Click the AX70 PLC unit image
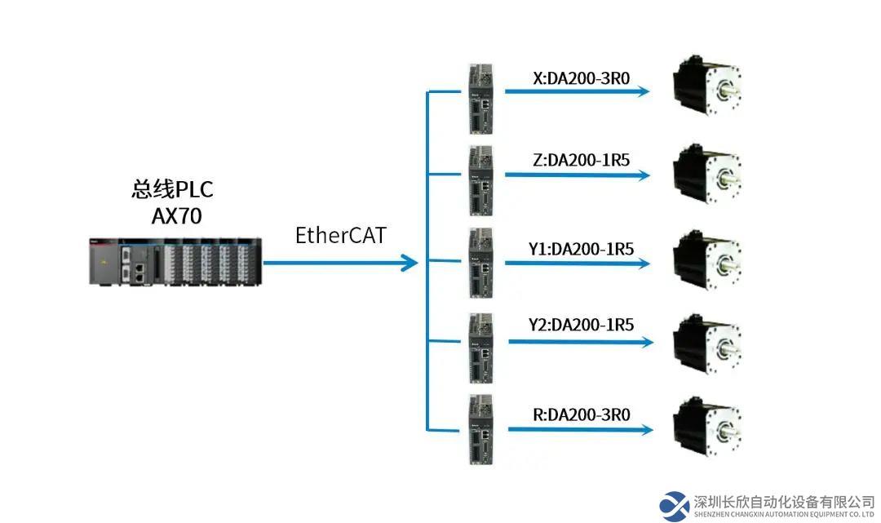tap(175, 260)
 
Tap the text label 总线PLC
tap(172, 190)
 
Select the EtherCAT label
tap(340, 236)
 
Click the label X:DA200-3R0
tap(581, 78)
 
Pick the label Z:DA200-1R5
tap(581, 160)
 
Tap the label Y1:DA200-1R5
tap(581, 249)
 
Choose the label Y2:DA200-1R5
tap(581, 324)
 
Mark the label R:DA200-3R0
tap(581, 414)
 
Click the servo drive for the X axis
tap(480, 99)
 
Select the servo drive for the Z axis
tap(480, 180)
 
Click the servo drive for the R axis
tap(480, 429)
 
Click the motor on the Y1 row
tap(706, 260)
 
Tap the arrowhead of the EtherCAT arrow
tap(409, 263)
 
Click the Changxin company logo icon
tap(675, 506)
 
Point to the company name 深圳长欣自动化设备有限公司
tap(784, 501)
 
